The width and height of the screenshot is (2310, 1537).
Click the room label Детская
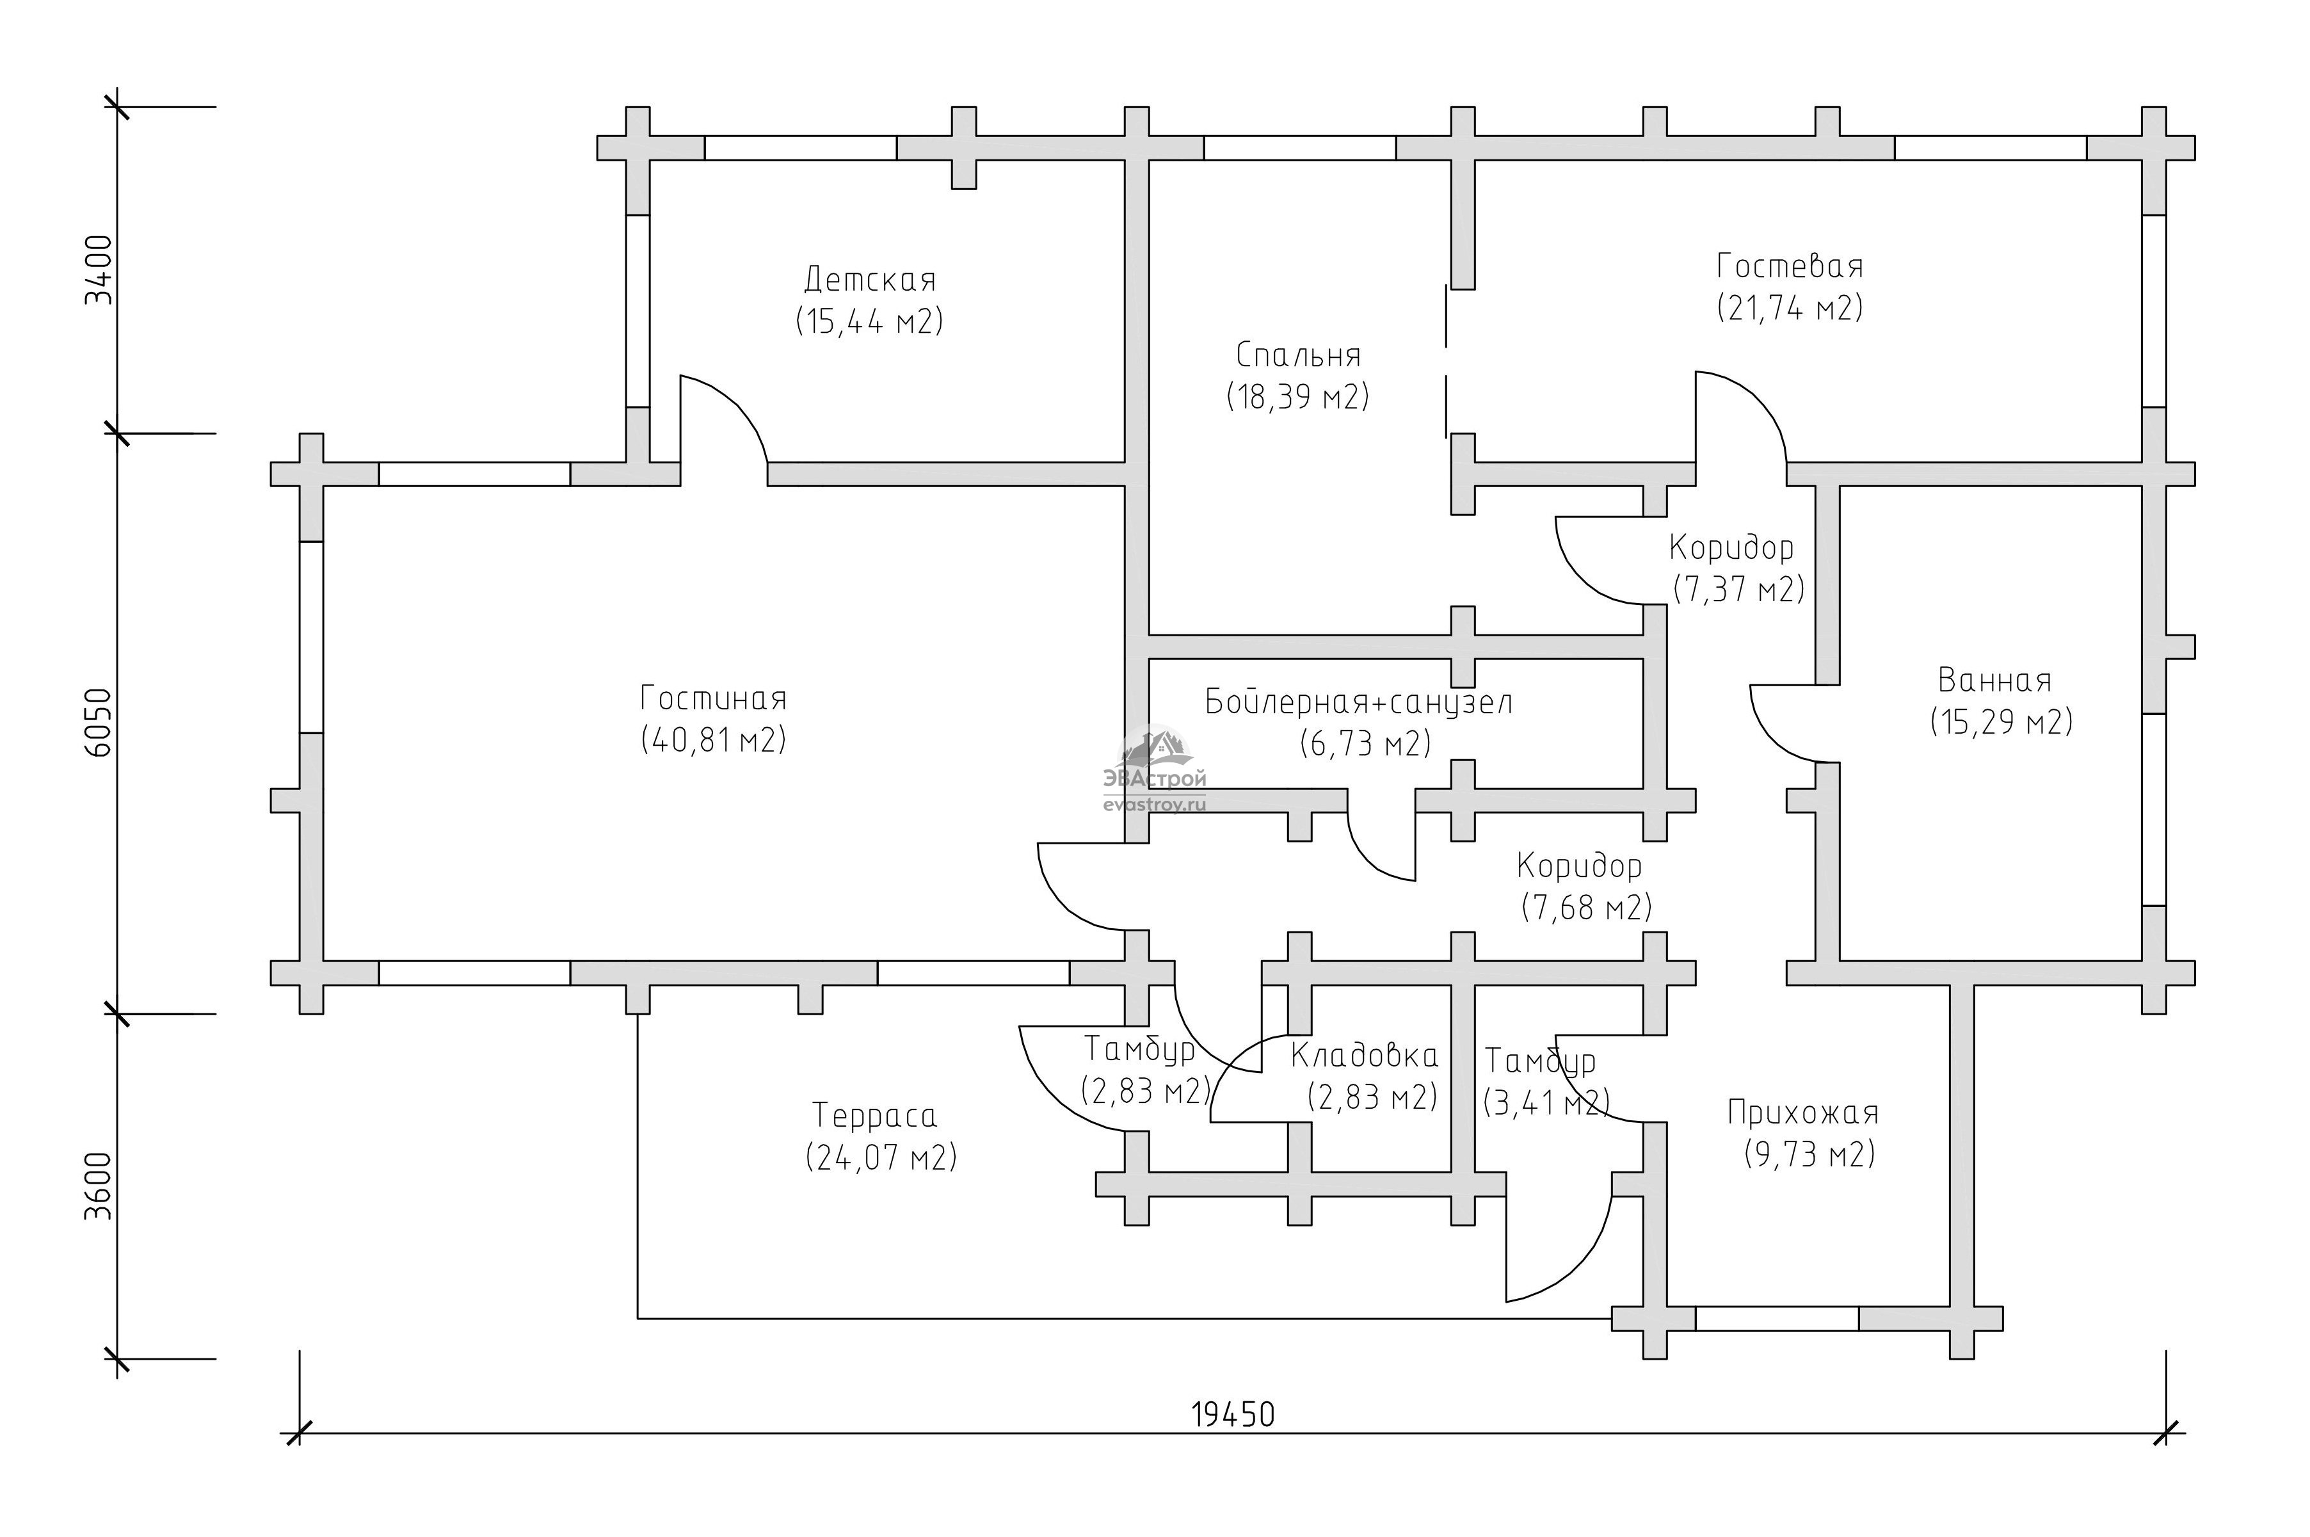coord(869,280)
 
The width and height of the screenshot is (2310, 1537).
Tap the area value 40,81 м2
coord(714,740)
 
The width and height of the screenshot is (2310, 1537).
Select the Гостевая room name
coord(1790,266)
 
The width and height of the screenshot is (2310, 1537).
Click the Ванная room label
coord(1994,680)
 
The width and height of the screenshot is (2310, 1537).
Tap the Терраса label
coord(874,1116)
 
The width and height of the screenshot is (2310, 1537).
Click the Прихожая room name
coord(1803,1113)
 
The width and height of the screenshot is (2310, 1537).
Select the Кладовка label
coord(1364,1056)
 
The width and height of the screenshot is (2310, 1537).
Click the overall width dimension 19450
coord(1233,1415)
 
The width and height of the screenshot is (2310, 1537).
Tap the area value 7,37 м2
coord(1738,589)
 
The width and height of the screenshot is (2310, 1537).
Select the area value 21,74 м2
coord(1790,309)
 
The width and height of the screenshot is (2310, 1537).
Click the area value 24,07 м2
coord(880,1157)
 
